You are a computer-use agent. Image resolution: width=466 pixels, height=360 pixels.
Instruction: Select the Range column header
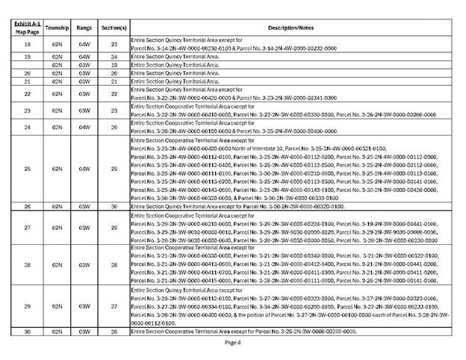pyautogui.click(x=84, y=27)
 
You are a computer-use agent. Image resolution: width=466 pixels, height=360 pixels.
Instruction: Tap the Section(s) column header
pyautogui.click(x=114, y=27)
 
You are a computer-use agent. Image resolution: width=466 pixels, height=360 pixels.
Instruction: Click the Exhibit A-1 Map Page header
pyautogui.click(x=27, y=27)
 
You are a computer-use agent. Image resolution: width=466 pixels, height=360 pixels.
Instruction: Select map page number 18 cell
pyautogui.click(x=27, y=44)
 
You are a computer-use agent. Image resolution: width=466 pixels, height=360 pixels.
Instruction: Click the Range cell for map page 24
pyautogui.click(x=84, y=127)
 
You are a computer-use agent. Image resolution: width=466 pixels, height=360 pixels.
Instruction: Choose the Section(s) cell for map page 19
pyautogui.click(x=114, y=56)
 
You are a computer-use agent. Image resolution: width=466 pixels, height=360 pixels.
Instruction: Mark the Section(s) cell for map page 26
pyautogui.click(x=114, y=205)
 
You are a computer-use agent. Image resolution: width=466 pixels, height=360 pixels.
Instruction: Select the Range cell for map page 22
pyautogui.click(x=84, y=93)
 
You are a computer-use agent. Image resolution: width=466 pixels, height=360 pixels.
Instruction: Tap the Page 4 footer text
pyautogui.click(x=233, y=342)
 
